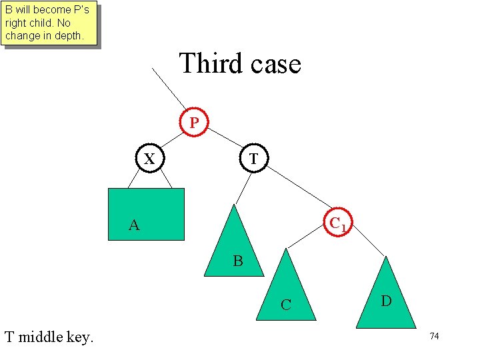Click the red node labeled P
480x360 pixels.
[x=194, y=122]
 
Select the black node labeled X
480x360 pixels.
[x=150, y=159]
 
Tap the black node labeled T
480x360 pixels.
[x=253, y=159]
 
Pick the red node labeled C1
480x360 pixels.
[x=338, y=221]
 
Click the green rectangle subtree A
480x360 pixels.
[x=147, y=213]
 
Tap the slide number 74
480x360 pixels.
[x=434, y=337]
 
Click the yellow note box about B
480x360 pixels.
[x=49, y=23]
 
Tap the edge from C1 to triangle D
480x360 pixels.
[x=367, y=241]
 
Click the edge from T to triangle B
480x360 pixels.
[x=241, y=189]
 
